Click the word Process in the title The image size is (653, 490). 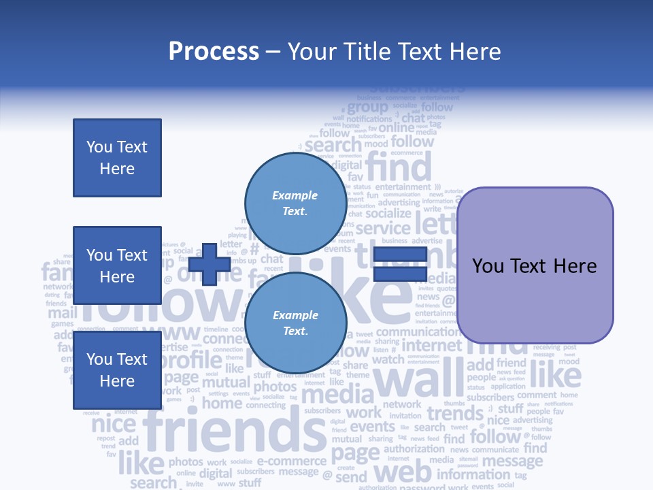[x=214, y=52]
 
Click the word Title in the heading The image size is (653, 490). [x=367, y=52]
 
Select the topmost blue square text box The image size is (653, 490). [x=117, y=158]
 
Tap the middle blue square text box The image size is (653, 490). [x=117, y=265]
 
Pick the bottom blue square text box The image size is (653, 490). [x=117, y=370]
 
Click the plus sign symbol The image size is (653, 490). [x=210, y=264]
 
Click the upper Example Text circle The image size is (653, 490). [x=295, y=199]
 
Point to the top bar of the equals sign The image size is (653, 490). [x=401, y=255]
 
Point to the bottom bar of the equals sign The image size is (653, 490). [x=401, y=274]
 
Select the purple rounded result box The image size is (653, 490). [x=535, y=265]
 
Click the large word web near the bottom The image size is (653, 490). [x=403, y=472]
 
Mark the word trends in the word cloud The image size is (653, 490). [x=455, y=413]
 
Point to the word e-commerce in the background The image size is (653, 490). [x=292, y=461]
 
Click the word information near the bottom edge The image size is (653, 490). [x=473, y=474]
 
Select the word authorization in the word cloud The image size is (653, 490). [x=414, y=449]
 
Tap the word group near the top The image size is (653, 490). [x=368, y=108]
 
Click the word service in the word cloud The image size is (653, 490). [x=383, y=229]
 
